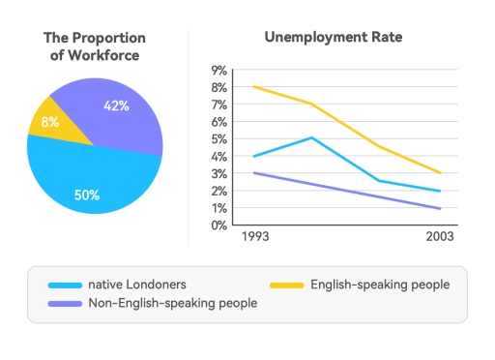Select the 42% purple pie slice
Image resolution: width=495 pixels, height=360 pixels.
point(111,111)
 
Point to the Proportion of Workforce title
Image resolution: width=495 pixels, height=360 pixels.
point(95,46)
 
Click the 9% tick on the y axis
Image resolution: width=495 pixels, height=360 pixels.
point(218,71)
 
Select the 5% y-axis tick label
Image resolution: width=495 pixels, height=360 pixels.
point(218,139)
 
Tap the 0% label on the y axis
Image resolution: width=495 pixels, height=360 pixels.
point(218,225)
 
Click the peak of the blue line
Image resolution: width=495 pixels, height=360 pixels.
point(309,137)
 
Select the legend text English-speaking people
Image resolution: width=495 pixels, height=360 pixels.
point(380,285)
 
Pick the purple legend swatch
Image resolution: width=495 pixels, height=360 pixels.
point(63,303)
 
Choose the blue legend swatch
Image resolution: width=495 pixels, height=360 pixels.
point(63,285)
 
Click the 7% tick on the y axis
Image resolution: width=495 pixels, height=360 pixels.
point(218,105)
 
